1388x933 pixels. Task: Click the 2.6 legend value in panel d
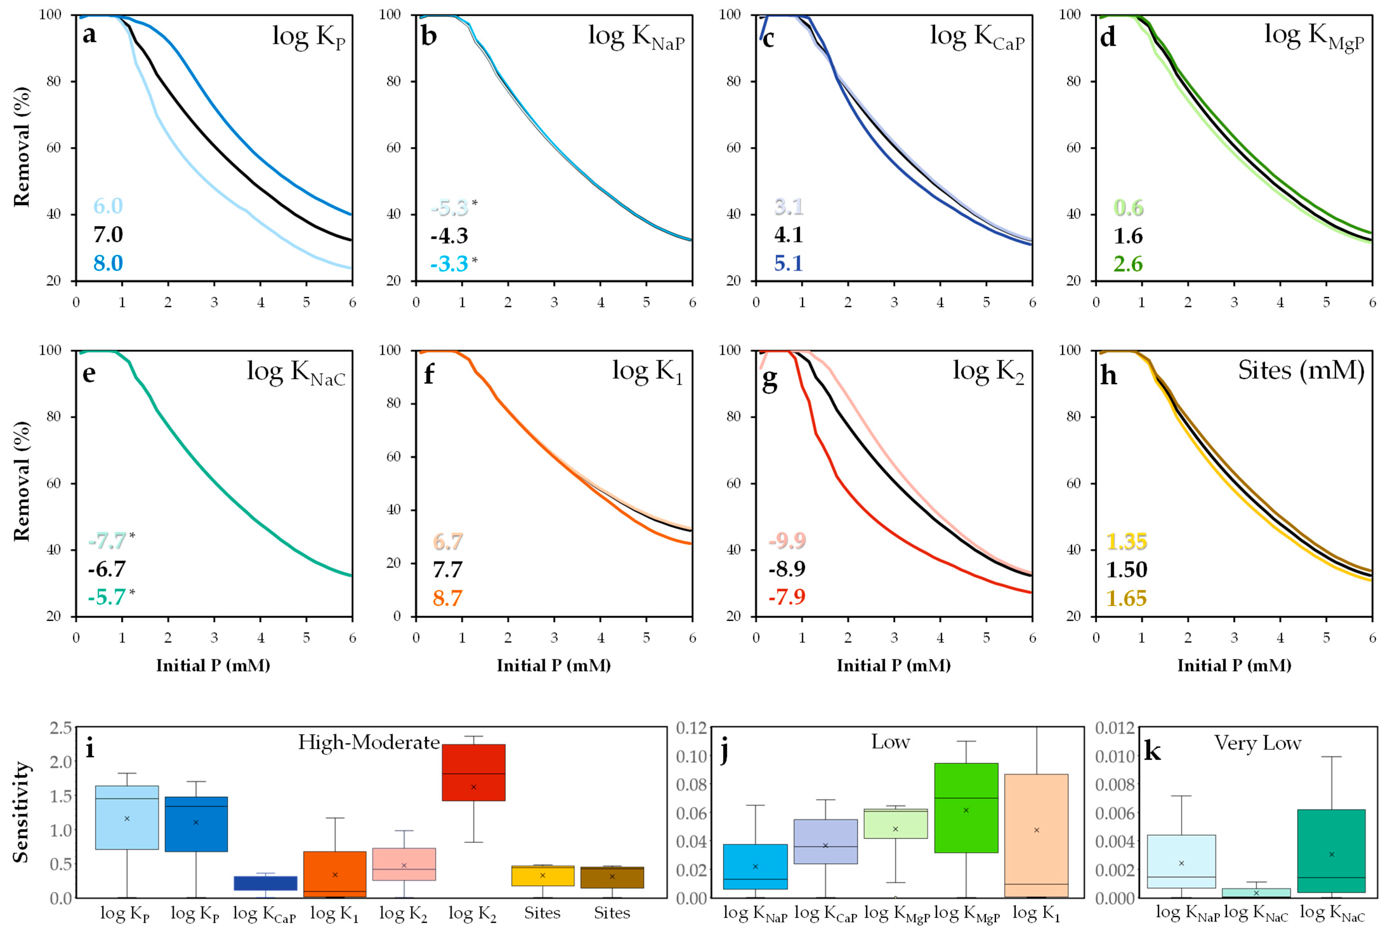point(1128,264)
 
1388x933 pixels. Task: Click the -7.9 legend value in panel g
point(787,596)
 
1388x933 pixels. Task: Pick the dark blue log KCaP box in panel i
point(265,883)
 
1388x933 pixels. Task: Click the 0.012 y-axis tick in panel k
point(1115,728)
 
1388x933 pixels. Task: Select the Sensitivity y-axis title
point(22,812)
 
